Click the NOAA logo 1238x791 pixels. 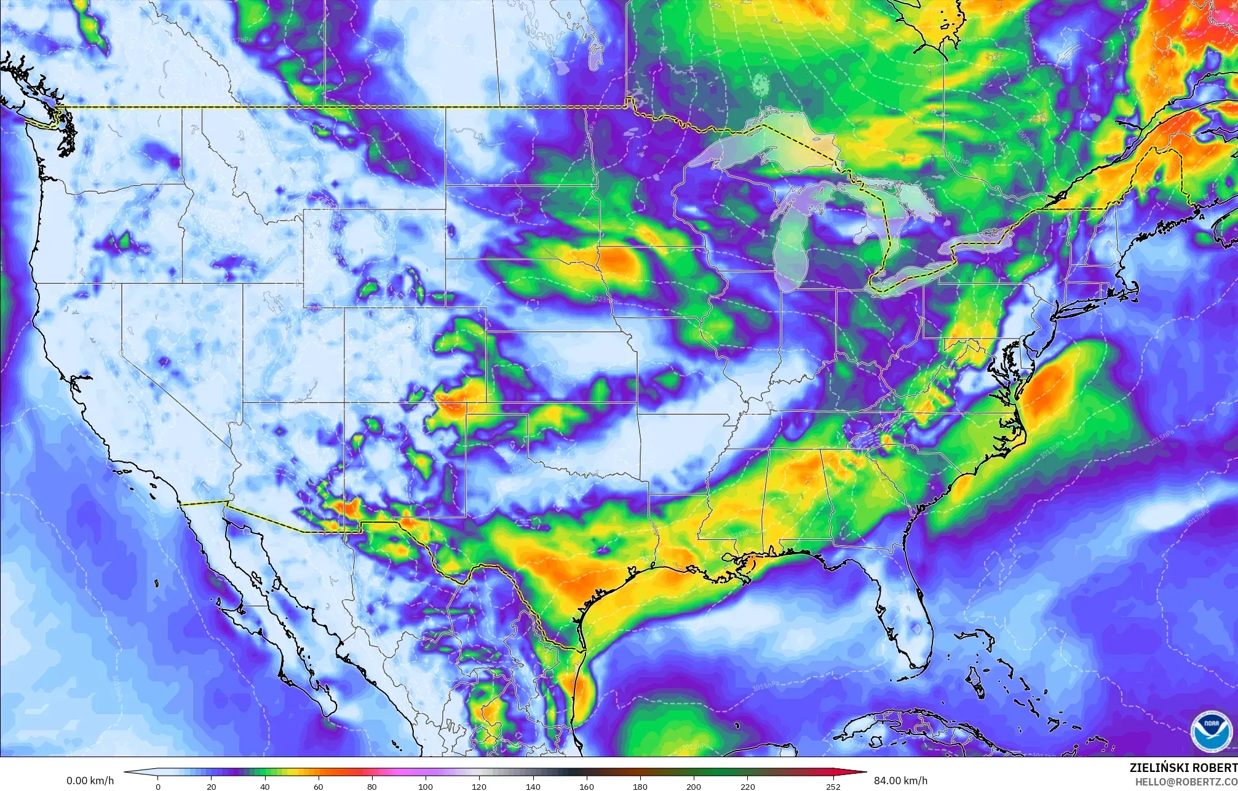tap(1210, 730)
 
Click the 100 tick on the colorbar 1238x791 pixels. tap(426, 786)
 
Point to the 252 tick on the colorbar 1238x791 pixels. tap(833, 786)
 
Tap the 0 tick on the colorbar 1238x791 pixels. tap(158, 786)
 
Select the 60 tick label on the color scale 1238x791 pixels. tap(319, 786)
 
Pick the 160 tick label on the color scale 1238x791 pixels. tap(587, 786)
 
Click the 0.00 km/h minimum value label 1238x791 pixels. tap(90, 781)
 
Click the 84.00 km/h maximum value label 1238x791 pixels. tap(900, 781)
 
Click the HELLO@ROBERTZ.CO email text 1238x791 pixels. tap(1186, 781)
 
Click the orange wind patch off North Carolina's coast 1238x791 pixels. tap(1049, 387)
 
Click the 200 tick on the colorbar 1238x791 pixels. tap(694, 786)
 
